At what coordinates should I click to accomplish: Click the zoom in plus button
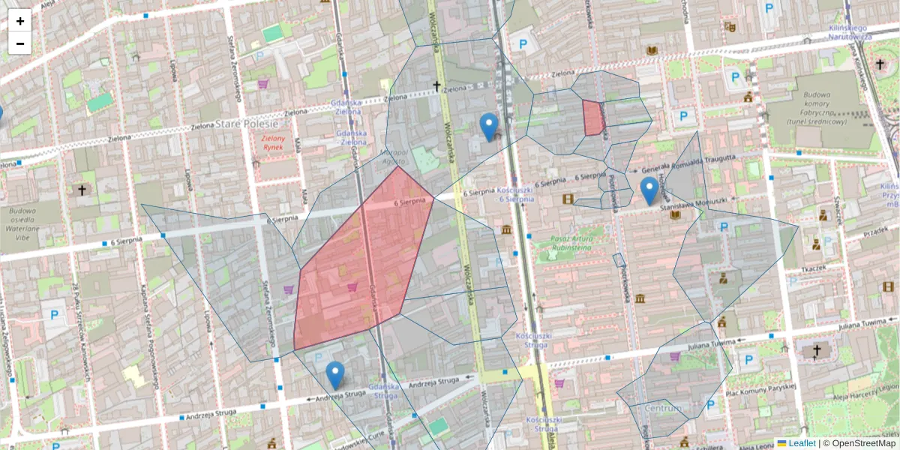(20, 21)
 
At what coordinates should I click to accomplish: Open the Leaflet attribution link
(801, 443)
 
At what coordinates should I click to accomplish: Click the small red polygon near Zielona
(593, 118)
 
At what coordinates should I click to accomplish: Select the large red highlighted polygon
(360, 262)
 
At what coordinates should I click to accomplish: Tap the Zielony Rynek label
(275, 142)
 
